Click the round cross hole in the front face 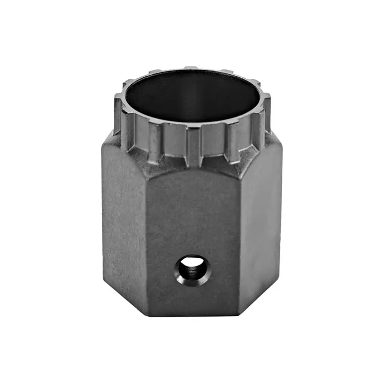[193, 270]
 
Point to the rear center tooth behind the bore [191, 68]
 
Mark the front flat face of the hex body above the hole [192, 211]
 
